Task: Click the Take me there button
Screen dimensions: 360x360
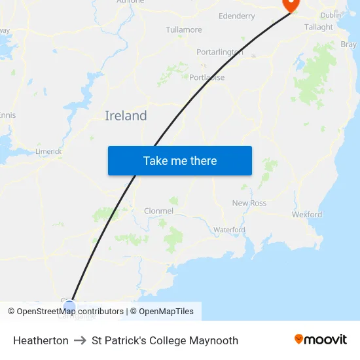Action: (180, 160)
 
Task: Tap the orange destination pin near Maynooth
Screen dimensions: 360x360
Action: (290, 4)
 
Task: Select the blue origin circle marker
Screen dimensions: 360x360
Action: (70, 306)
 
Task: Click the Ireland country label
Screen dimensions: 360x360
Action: (126, 116)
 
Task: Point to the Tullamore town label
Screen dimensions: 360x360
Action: (184, 30)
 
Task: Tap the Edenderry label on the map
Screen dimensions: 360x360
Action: (237, 16)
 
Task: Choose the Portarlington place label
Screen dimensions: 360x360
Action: (219, 52)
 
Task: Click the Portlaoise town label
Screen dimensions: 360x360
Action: (207, 77)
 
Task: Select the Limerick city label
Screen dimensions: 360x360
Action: (48, 151)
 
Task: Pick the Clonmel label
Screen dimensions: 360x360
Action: (158, 211)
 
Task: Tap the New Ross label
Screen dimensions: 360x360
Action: (249, 203)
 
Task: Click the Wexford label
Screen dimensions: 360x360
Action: (307, 214)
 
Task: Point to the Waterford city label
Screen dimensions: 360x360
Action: (229, 230)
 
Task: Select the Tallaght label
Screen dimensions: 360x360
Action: (319, 27)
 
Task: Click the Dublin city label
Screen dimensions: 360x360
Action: (331, 14)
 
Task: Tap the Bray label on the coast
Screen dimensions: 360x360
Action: (349, 45)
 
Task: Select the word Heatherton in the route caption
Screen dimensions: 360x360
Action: (41, 340)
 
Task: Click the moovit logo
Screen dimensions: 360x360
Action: (321, 339)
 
